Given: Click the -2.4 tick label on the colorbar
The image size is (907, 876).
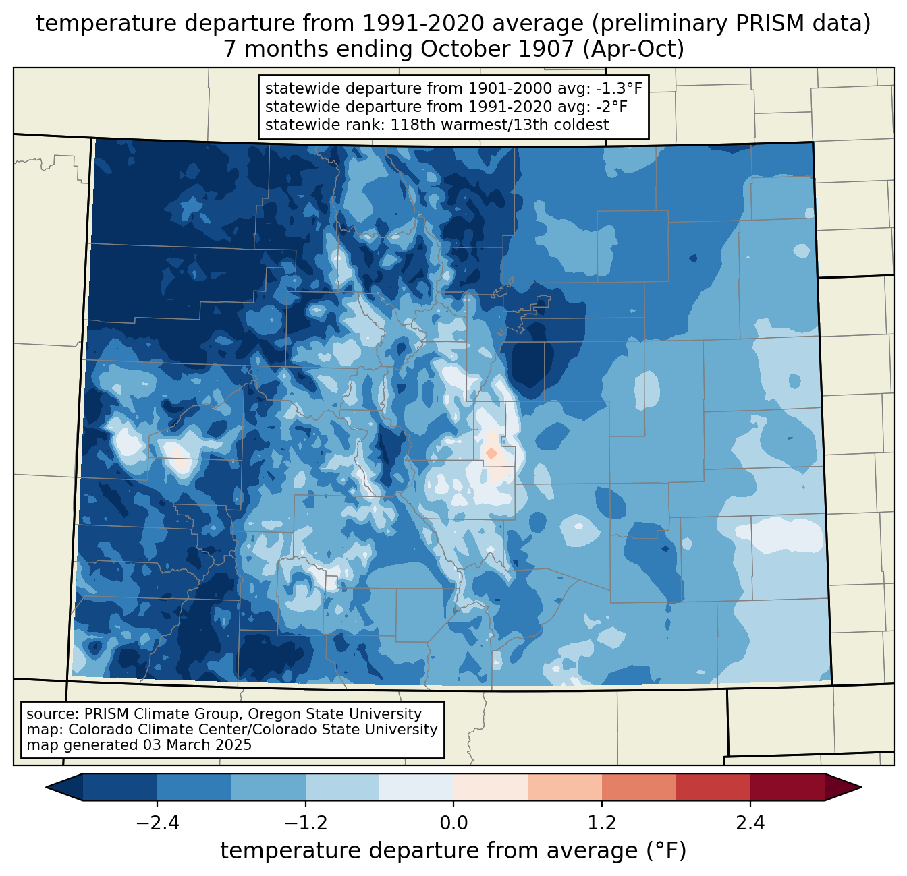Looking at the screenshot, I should (157, 823).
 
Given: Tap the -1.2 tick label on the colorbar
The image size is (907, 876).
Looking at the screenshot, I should (305, 823).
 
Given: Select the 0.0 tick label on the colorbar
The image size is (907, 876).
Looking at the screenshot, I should (453, 823).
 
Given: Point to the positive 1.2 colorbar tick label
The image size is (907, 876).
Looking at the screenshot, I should (602, 823).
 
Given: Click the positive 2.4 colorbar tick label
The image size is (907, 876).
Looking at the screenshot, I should (750, 823).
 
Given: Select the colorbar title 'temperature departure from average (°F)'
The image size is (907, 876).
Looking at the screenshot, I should (453, 851).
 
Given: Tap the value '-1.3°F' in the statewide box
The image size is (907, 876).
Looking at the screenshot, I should (619, 88).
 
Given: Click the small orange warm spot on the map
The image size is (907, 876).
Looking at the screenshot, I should (491, 453).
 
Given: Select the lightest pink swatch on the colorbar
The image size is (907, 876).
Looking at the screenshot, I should (491, 787).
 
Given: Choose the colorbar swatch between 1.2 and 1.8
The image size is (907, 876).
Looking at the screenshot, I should (638, 787).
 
